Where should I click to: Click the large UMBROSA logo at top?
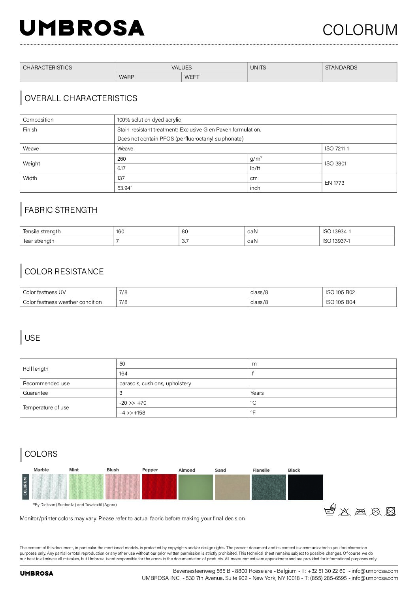tap(82, 28)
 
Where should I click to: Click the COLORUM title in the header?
tap(360, 30)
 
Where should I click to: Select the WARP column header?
tap(126, 77)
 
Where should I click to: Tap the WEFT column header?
tap(192, 77)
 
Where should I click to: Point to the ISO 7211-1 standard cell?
tap(337, 149)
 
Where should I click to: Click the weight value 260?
tap(122, 159)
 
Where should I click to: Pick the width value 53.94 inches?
tap(125, 188)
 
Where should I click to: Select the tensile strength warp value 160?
tap(120, 231)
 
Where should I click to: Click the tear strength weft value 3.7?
tap(185, 241)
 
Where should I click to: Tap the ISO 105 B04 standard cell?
tap(340, 302)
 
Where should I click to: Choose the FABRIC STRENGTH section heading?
tap(61, 210)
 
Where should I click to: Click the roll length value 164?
tap(123, 373)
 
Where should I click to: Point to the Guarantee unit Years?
tap(257, 393)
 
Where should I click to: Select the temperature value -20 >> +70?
tap(133, 403)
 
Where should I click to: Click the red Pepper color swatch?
tap(159, 487)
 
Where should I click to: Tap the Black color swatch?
tap(305, 487)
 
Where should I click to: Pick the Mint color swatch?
tap(86, 487)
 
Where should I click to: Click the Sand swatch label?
tap(220, 470)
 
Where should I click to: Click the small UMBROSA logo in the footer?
tap(36, 573)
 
